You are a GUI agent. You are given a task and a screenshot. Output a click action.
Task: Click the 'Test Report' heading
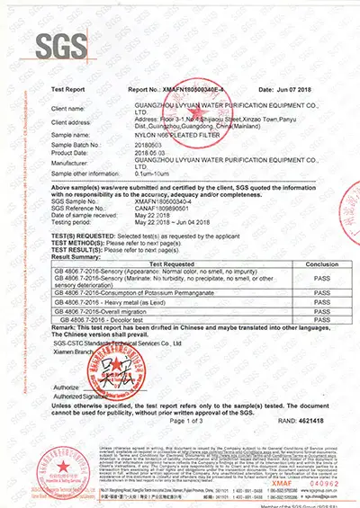point(67,91)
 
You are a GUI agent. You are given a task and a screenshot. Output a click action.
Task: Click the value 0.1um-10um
point(149,172)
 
